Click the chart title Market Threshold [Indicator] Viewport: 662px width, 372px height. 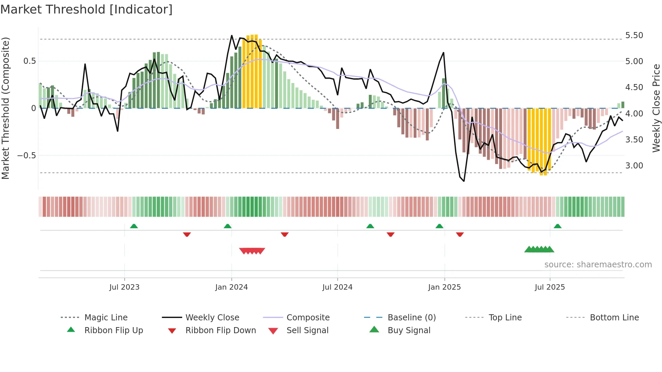[86, 9]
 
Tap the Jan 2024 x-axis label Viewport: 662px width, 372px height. [231, 287]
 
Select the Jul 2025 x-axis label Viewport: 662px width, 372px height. [550, 287]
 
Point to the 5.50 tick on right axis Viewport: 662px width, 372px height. [634, 35]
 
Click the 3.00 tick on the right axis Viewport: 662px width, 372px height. [634, 166]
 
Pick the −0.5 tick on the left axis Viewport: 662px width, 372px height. [26, 156]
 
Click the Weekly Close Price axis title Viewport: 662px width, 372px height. [656, 108]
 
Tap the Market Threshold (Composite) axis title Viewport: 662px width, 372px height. [5, 108]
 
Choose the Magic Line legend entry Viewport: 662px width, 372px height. [106, 318]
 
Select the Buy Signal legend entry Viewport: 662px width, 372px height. [409, 330]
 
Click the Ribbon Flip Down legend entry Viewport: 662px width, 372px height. [220, 330]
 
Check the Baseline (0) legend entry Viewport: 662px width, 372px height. [411, 318]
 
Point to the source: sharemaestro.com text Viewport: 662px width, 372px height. [598, 265]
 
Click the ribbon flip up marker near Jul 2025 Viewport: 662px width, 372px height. [558, 226]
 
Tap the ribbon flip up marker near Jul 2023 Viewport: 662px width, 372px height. [134, 226]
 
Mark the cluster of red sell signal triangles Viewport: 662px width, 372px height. [252, 251]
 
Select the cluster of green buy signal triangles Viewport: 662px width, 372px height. [539, 249]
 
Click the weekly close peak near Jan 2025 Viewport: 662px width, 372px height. [443, 53]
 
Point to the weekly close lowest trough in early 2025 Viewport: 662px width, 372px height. [464, 181]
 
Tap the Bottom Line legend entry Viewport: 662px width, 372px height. [614, 318]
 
